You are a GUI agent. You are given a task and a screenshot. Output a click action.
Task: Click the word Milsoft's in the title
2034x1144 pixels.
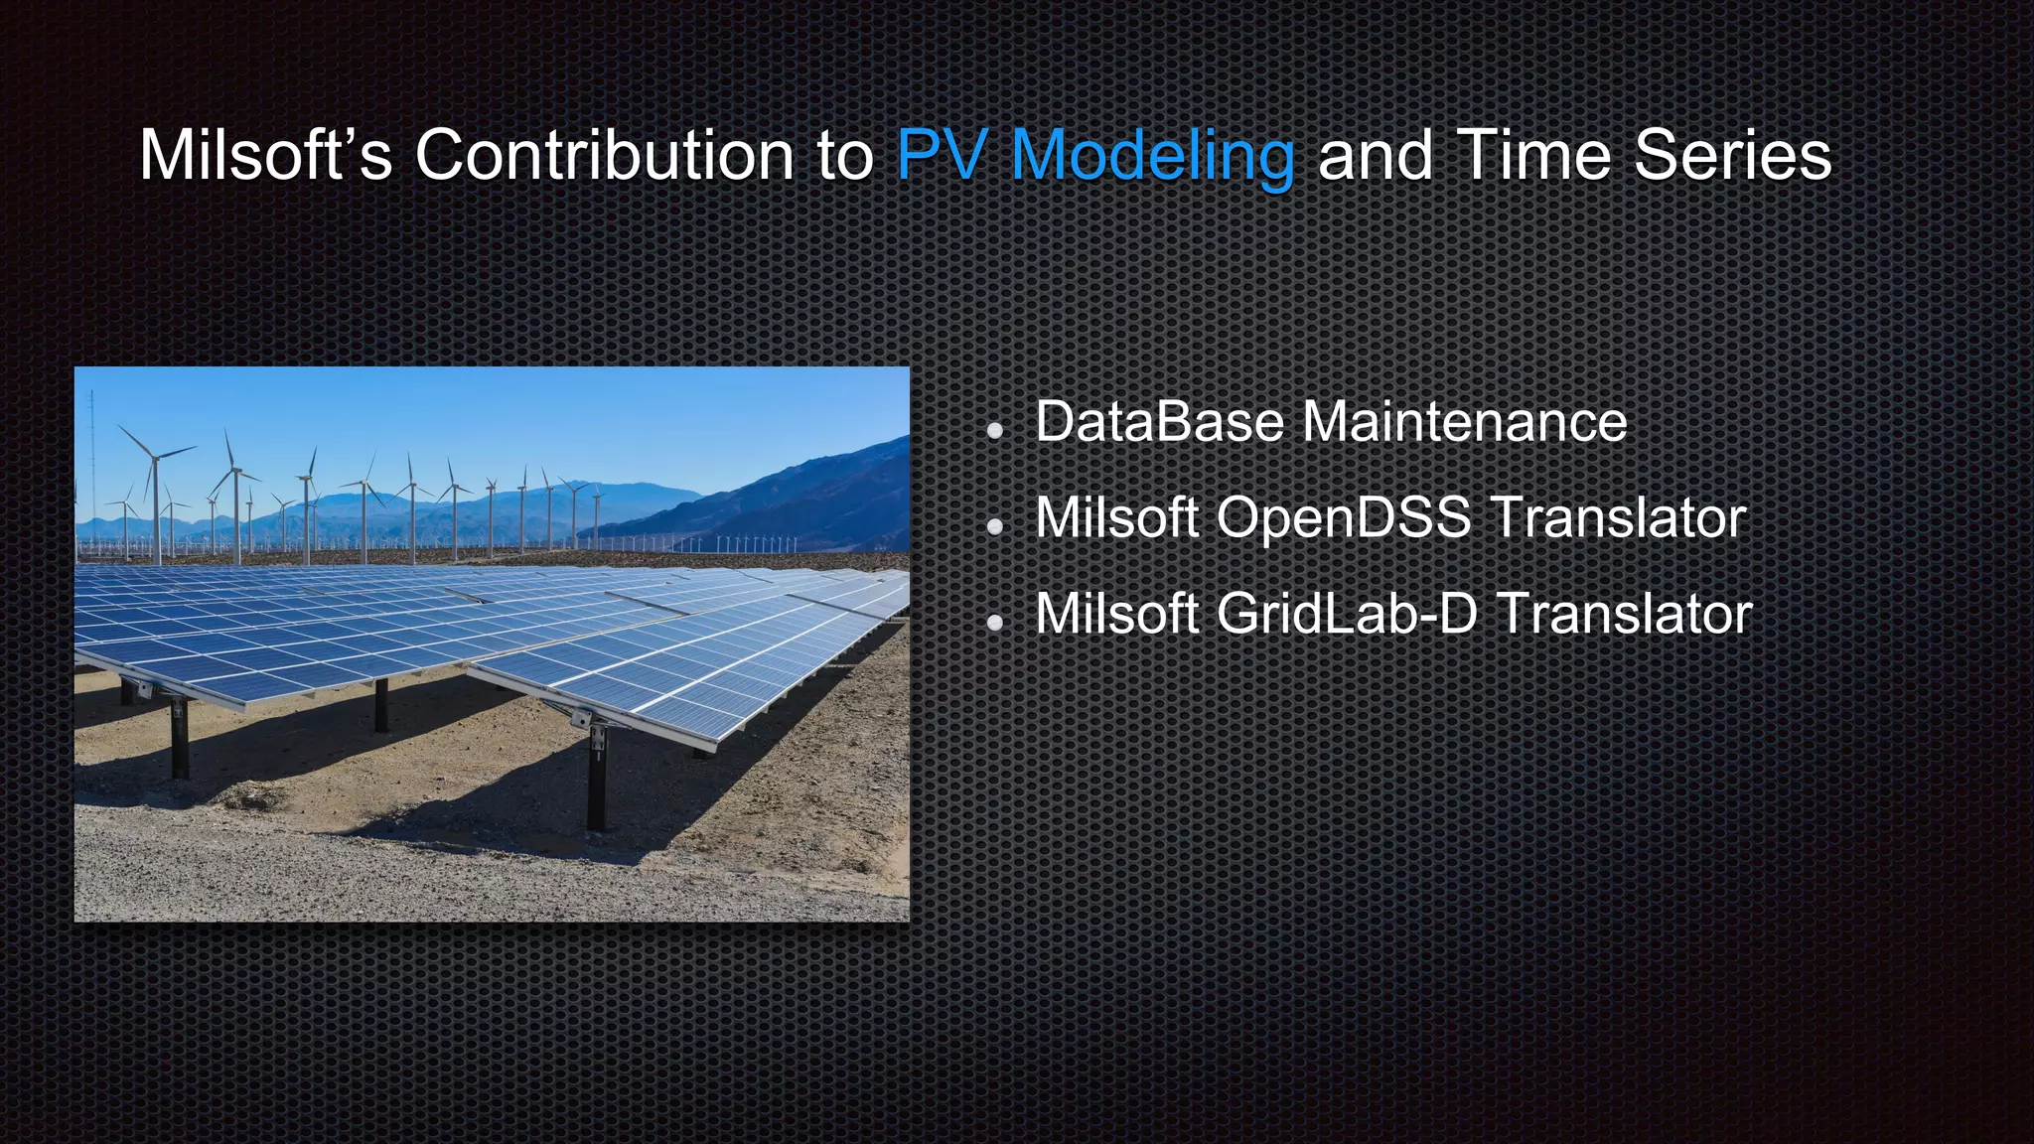[x=265, y=156]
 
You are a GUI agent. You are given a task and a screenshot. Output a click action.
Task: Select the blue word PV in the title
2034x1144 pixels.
[x=942, y=156]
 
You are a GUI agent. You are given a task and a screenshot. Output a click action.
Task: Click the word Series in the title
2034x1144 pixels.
[x=1732, y=156]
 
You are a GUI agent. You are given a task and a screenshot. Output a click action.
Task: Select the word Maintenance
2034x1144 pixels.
[x=1464, y=422]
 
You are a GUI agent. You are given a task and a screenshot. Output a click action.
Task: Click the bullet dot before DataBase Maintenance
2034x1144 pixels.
[x=994, y=431]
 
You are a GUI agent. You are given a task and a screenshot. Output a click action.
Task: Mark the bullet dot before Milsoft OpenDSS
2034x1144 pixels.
[x=994, y=527]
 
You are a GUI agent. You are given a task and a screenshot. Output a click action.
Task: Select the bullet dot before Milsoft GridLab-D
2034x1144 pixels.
[x=994, y=623]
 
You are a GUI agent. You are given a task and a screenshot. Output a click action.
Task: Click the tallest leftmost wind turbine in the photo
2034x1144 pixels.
[x=155, y=497]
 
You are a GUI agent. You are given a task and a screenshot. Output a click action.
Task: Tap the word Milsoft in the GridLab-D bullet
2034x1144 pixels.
[x=1116, y=614]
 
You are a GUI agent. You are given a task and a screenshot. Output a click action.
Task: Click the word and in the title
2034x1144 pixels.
[x=1375, y=156]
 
